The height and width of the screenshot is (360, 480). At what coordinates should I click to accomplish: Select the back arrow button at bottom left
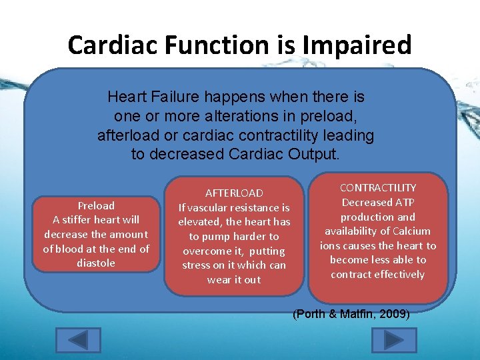tap(79, 340)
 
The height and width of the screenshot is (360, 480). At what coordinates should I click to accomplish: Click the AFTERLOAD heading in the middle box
tap(234, 193)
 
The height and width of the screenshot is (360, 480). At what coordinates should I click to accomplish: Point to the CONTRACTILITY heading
tap(378, 188)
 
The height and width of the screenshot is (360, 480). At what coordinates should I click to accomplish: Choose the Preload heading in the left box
tap(96, 205)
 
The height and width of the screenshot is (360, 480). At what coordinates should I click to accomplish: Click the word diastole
tap(96, 263)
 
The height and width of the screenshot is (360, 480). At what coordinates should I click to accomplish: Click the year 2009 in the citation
tap(395, 314)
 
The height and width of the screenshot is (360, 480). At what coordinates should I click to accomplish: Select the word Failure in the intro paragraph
tap(172, 97)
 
